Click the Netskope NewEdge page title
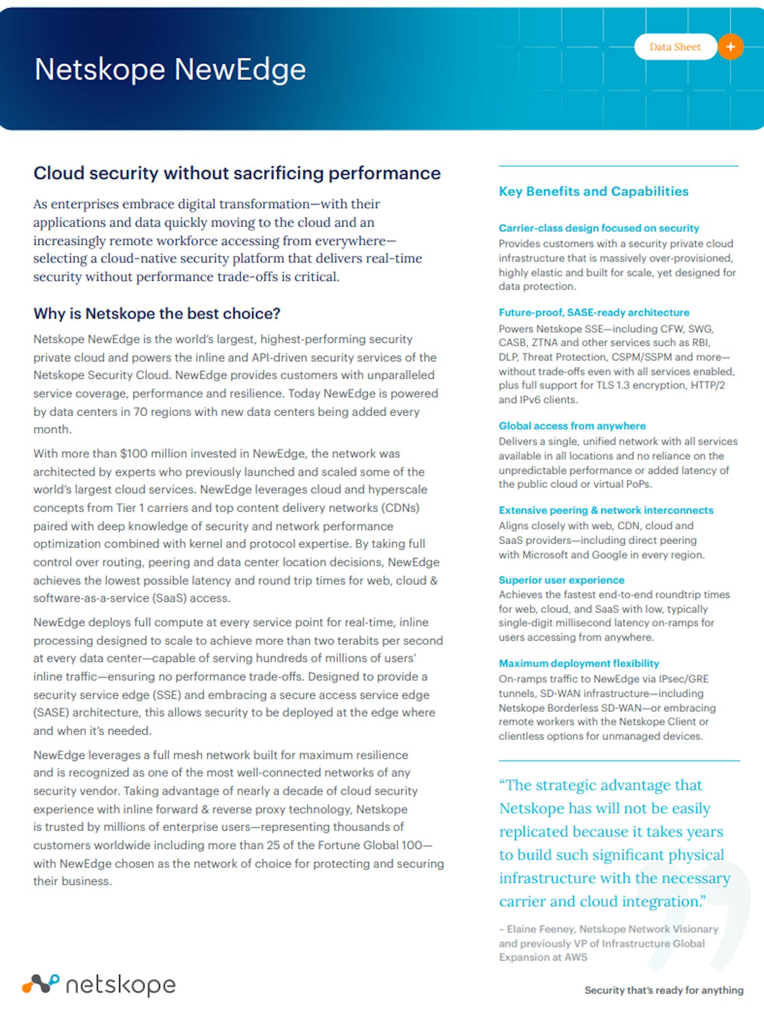pyautogui.click(x=170, y=70)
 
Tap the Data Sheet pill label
pyautogui.click(x=675, y=47)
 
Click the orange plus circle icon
pyautogui.click(x=730, y=47)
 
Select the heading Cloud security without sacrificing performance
pyautogui.click(x=237, y=173)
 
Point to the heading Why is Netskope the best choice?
pyautogui.click(x=157, y=314)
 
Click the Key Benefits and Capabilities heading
pyautogui.click(x=593, y=191)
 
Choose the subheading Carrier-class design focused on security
pyautogui.click(x=599, y=228)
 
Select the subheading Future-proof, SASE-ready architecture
pyautogui.click(x=594, y=312)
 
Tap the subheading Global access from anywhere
pyautogui.click(x=572, y=426)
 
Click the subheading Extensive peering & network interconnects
pyautogui.click(x=606, y=510)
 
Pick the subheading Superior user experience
pyautogui.click(x=561, y=580)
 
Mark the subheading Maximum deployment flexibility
pyautogui.click(x=578, y=664)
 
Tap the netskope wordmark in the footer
pyautogui.click(x=121, y=985)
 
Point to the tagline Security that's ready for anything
pyautogui.click(x=664, y=990)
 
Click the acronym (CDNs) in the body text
pyautogui.click(x=401, y=508)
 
